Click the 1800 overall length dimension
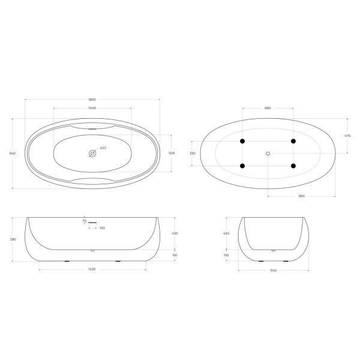92,100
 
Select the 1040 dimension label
92,108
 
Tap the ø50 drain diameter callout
103,148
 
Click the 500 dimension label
172,153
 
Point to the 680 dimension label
268,108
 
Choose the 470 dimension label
347,136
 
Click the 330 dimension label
192,154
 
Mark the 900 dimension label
301,196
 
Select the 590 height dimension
13,239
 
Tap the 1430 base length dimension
92,269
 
